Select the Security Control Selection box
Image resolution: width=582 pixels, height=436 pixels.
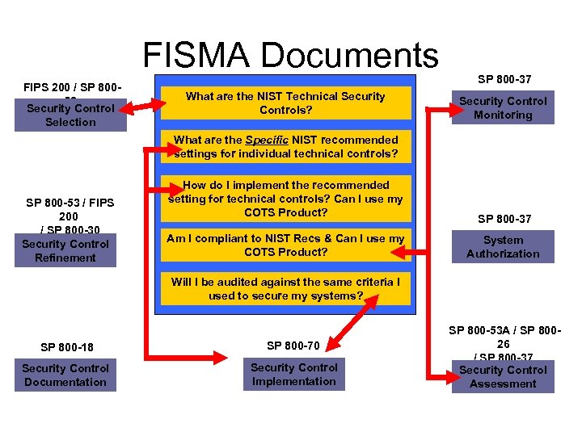pos(70,115)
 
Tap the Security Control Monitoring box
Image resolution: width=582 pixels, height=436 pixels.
pos(503,108)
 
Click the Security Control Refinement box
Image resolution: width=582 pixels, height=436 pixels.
pos(65,251)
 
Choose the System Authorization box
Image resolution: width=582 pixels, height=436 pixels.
pos(503,247)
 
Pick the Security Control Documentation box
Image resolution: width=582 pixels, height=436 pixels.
pos(65,375)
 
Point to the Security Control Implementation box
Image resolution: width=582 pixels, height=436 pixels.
pos(293,375)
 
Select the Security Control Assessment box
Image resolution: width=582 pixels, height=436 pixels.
pos(503,376)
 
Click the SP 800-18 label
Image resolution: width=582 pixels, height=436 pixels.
pos(66,348)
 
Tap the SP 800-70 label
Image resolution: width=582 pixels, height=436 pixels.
pos(293,346)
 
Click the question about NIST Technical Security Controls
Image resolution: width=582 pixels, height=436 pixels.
pos(285,103)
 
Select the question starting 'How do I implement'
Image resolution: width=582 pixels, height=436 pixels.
pos(285,199)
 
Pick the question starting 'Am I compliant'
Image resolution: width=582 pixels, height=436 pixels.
pos(285,245)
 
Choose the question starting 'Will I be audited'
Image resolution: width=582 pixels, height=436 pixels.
pos(285,289)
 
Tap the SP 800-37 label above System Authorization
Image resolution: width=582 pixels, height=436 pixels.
pos(504,219)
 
